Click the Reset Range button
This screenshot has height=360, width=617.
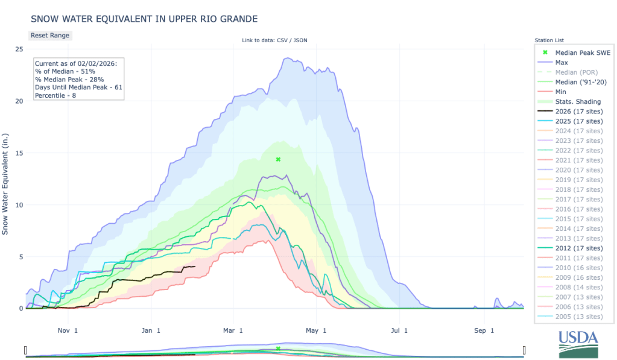click(x=50, y=35)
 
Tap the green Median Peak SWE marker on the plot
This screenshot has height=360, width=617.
click(x=278, y=159)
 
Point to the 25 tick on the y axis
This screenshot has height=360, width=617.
click(x=19, y=49)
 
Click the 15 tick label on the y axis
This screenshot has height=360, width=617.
click(x=19, y=153)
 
